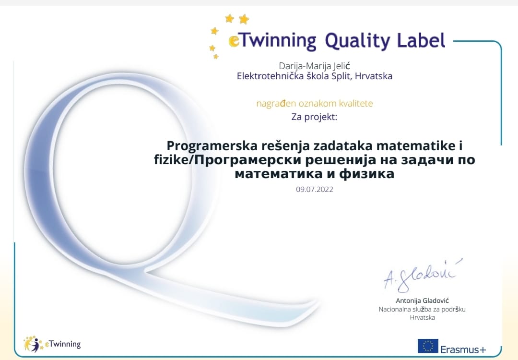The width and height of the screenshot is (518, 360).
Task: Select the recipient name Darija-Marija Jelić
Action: tap(314, 66)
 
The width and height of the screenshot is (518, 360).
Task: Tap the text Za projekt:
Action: tap(314, 117)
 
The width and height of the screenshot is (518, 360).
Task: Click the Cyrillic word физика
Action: tap(367, 174)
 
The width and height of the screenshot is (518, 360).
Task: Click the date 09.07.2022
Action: tap(315, 190)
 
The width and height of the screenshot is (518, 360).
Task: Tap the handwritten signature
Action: tap(423, 275)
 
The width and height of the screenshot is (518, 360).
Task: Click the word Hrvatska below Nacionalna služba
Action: tap(422, 317)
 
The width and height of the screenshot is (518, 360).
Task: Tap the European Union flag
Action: tap(428, 346)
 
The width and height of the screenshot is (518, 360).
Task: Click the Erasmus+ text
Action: tap(463, 349)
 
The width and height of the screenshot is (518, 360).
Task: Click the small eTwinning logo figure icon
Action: tap(33, 344)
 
